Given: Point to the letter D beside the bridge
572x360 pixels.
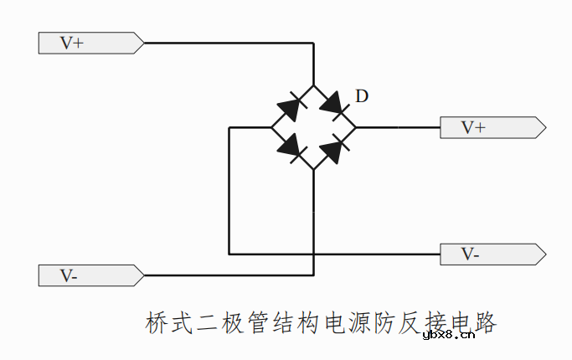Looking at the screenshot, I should coord(361,96).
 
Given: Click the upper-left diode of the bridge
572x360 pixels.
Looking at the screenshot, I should coord(291,107).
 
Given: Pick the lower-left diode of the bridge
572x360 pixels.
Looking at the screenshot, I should coord(291,147).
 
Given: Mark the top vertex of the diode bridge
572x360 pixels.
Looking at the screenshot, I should coord(313,85).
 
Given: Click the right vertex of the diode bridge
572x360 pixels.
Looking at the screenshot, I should coord(356,127).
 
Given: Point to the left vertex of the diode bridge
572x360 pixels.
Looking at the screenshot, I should coord(271,127).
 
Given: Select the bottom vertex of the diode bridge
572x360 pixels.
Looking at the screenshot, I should coord(313,169).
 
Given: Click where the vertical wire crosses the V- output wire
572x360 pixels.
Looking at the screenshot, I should coord(313,254).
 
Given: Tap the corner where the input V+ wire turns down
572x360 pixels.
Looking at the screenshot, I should coord(313,43).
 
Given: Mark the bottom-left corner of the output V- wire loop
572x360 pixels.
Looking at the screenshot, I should coord(229,254).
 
